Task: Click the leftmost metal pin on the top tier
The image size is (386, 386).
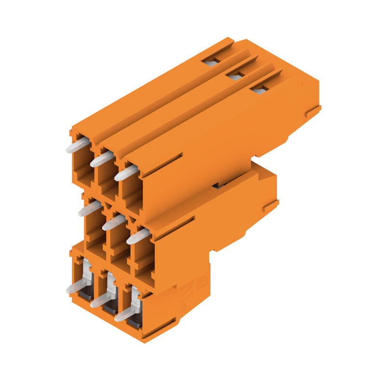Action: click(x=78, y=145)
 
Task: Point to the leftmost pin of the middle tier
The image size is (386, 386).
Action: click(x=90, y=208)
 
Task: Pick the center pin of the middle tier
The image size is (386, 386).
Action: click(x=114, y=222)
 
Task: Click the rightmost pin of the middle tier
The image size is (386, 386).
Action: click(x=138, y=236)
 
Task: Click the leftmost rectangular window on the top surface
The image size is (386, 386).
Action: click(x=211, y=61)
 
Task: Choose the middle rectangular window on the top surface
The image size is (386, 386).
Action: click(x=235, y=76)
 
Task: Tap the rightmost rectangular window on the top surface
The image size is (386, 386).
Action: click(x=260, y=90)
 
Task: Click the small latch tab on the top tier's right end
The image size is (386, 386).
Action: click(x=313, y=111)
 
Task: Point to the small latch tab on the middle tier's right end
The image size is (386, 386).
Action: click(x=271, y=207)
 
